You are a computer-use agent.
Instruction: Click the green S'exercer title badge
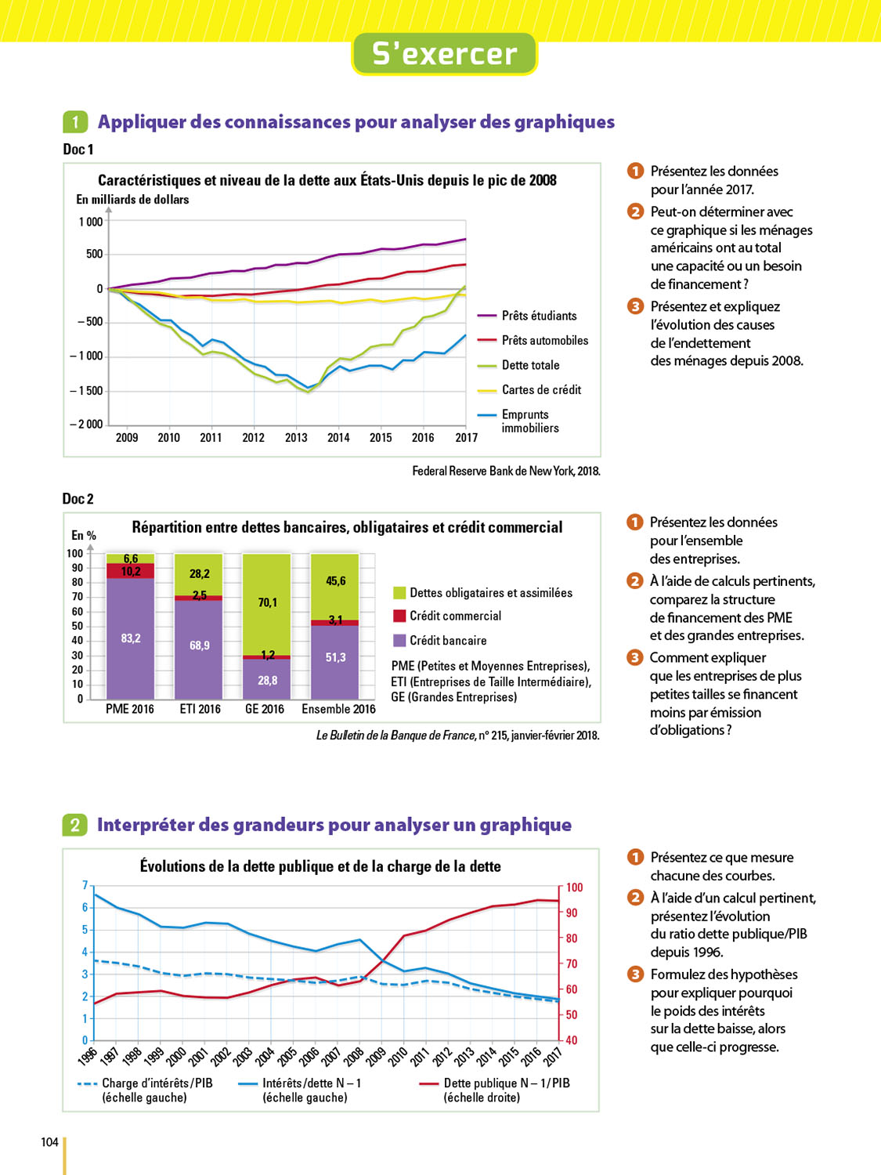pos(444,54)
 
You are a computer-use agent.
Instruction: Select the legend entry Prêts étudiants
pos(539,316)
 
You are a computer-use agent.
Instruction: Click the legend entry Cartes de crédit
pos(541,389)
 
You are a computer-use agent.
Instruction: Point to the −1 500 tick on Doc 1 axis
pos(90,391)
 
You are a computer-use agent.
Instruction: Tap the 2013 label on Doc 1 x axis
pos(296,438)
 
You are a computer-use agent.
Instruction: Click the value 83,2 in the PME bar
pos(131,638)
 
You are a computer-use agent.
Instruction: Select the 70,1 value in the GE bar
pos(268,602)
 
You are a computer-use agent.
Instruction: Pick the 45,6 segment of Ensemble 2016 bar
pos(336,580)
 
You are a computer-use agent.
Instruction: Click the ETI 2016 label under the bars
pos(200,709)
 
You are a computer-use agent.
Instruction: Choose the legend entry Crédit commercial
pos(455,616)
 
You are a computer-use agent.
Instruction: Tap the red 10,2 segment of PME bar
pos(131,572)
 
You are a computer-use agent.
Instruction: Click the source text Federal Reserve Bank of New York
pos(506,471)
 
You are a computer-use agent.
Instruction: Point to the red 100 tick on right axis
pos(575,888)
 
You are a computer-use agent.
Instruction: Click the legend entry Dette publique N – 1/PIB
pos(507,1083)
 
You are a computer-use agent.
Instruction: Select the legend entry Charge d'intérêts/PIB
pos(157,1083)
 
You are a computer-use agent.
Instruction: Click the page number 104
pos(49,1142)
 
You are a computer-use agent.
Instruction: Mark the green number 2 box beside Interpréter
pos(74,825)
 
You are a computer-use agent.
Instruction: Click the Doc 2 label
pos(78,499)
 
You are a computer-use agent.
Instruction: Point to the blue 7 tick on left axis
pos(85,885)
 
